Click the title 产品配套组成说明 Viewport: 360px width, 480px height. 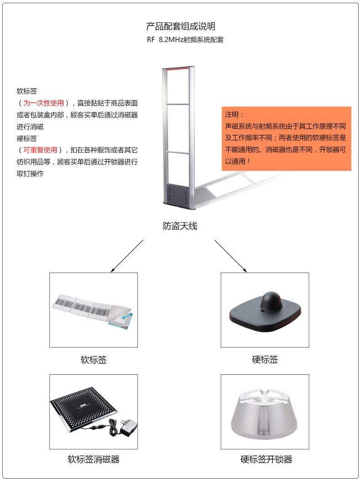pyautogui.click(x=180, y=26)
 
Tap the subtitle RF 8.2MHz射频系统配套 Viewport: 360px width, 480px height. pyautogui.click(x=185, y=40)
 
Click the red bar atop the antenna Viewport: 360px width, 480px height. pyautogui.click(x=178, y=68)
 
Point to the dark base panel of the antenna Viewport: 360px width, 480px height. pyautogui.click(x=177, y=193)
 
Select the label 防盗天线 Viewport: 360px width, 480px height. pyautogui.click(x=180, y=226)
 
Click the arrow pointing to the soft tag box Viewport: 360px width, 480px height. pyautogui.click(x=127, y=256)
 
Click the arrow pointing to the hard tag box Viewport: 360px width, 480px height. pyautogui.click(x=231, y=256)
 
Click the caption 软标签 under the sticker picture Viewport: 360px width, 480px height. pyautogui.click(x=94, y=360)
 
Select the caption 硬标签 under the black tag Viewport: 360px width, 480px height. pyautogui.click(x=265, y=359)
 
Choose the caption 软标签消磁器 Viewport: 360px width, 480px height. pyautogui.click(x=94, y=459)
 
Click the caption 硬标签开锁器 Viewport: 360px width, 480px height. pyautogui.click(x=266, y=459)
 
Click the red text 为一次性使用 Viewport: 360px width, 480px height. pyautogui.click(x=43, y=103)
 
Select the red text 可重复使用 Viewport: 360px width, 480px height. pyautogui.click(x=40, y=150)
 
